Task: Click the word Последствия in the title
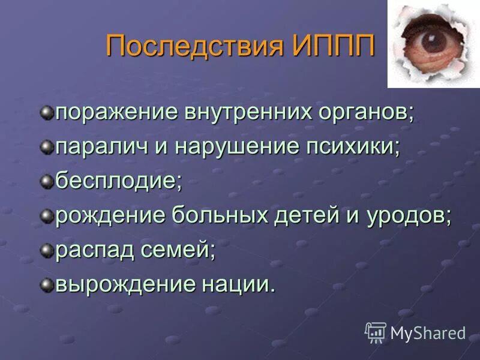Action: coord(196,46)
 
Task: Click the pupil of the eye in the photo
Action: coord(430,41)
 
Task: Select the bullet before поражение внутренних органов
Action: coord(47,112)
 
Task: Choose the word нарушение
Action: coord(235,148)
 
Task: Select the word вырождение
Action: coord(119,285)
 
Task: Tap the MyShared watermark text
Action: coord(428,332)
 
